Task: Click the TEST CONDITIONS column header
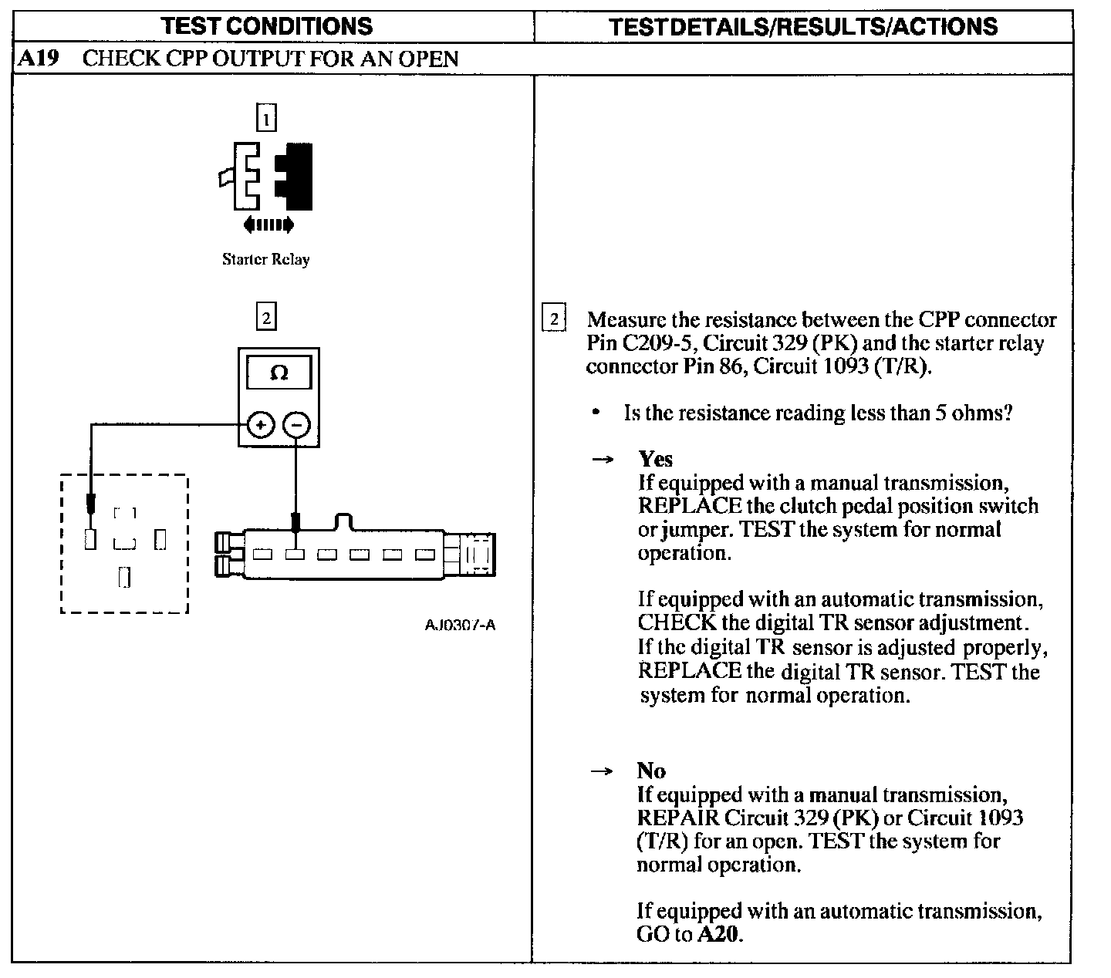[x=268, y=26]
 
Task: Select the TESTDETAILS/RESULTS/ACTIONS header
[x=802, y=27]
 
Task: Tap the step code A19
[x=38, y=59]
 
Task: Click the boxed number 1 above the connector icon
[x=265, y=119]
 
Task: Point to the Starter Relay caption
[x=265, y=259]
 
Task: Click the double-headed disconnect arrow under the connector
[x=268, y=225]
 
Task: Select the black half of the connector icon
[x=297, y=177]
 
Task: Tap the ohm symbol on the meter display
[x=279, y=374]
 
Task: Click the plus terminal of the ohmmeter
[x=261, y=424]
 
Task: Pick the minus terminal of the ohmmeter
[x=296, y=424]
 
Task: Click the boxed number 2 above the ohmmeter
[x=265, y=317]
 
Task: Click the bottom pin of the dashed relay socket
[x=124, y=577]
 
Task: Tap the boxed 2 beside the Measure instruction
[x=554, y=319]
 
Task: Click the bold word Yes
[x=655, y=459]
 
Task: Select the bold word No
[x=650, y=771]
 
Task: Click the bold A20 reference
[x=718, y=935]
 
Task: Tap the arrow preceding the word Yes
[x=602, y=460]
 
